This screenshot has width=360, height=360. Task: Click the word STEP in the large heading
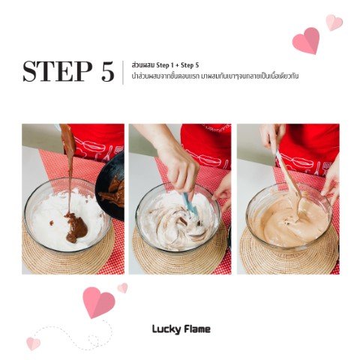click(57, 71)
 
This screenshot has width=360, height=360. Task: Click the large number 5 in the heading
click(108, 71)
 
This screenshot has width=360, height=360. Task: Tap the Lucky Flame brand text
click(181, 329)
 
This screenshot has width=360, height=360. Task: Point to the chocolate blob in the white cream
click(76, 226)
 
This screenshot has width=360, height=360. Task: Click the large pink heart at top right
click(307, 40)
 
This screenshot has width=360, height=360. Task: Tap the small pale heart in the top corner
click(334, 22)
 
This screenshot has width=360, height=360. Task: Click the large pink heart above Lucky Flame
click(98, 302)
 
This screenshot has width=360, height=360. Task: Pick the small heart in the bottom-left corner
click(33, 343)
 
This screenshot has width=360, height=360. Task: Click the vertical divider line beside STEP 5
click(123, 73)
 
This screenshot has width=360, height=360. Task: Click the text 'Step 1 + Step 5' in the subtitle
click(178, 65)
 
